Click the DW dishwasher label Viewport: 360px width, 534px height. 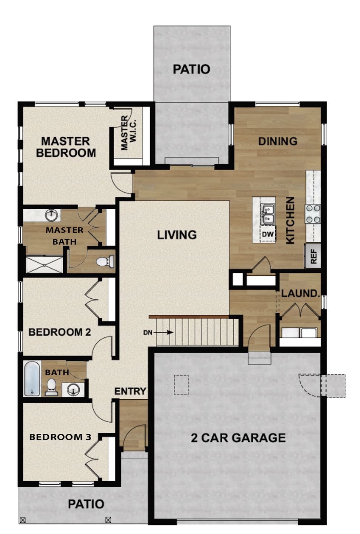[x=268, y=235]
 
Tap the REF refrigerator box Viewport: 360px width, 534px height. [x=313, y=256]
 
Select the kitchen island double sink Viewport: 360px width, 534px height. [x=267, y=215]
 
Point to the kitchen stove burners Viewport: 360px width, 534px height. [x=313, y=214]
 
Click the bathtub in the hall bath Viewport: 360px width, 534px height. [x=32, y=379]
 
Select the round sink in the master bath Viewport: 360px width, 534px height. [x=51, y=214]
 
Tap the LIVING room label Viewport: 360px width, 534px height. [x=177, y=235]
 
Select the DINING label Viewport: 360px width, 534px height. [x=278, y=141]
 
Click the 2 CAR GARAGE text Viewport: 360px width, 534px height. [x=238, y=438]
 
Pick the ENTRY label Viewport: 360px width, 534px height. [x=130, y=391]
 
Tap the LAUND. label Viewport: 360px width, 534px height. [x=300, y=293]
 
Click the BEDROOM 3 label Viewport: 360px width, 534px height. [x=60, y=437]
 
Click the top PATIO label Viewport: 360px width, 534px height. [x=192, y=69]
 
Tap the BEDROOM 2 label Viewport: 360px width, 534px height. [x=59, y=332]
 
